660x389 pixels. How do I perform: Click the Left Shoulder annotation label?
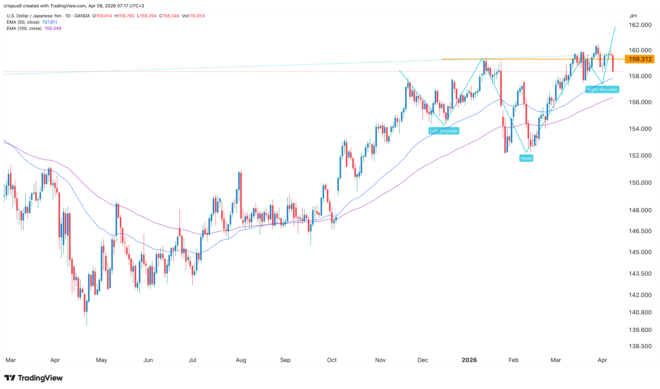(x=444, y=131)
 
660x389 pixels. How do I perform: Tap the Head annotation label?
(x=526, y=158)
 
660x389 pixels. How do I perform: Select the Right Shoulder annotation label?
(x=602, y=90)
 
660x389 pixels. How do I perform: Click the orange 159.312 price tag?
(x=639, y=59)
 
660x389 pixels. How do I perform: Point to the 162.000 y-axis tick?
(x=640, y=25)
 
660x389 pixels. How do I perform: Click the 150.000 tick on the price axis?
(x=640, y=183)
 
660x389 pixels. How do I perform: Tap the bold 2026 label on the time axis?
(x=469, y=360)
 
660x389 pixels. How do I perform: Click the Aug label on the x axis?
(x=241, y=360)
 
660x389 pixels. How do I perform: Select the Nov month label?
(x=380, y=360)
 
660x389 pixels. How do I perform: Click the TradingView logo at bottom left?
(x=34, y=378)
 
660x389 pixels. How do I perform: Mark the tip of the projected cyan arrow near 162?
(x=615, y=27)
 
